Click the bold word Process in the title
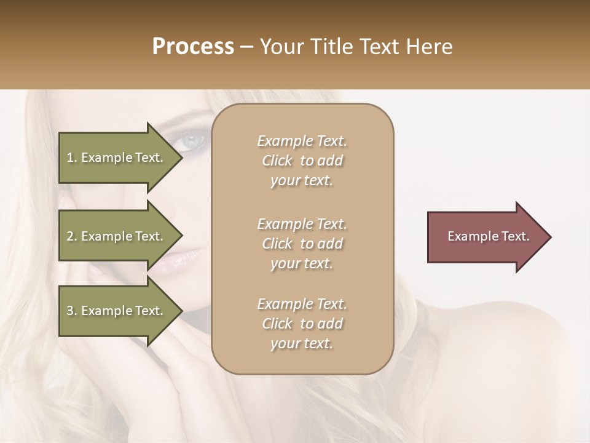click(x=193, y=47)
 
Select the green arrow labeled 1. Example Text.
click(x=117, y=158)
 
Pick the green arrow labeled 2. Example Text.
click(x=117, y=236)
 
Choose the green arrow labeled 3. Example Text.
click(x=117, y=311)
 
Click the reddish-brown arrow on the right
click(x=486, y=237)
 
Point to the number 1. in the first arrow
click(x=72, y=158)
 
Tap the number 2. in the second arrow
click(x=72, y=236)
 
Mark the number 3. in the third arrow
click(x=72, y=311)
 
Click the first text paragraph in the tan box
click(x=302, y=161)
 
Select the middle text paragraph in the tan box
click(x=302, y=244)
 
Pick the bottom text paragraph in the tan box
click(x=302, y=324)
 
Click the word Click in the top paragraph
click(x=277, y=161)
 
